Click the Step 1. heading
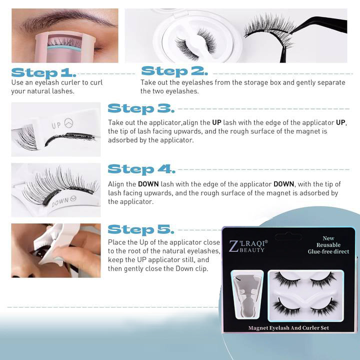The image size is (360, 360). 43,72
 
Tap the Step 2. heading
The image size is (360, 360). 174,71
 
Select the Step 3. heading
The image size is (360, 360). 141,108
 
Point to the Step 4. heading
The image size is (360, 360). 141,169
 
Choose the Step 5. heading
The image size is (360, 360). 141,229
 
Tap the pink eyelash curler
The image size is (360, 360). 64,47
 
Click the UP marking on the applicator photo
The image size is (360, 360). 56,125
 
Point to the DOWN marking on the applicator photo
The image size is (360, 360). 60,202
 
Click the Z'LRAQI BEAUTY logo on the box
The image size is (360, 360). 248,246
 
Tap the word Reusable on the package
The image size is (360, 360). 328,245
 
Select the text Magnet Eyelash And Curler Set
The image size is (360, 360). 288,328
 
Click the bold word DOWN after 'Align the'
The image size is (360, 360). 148,184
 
